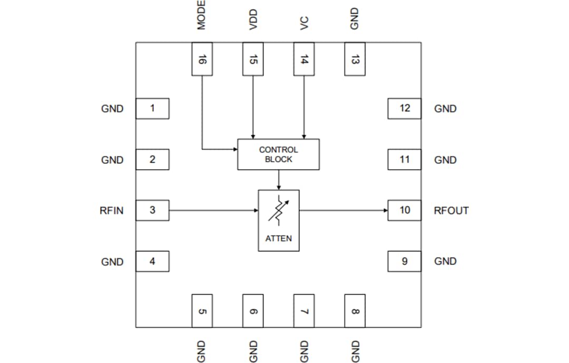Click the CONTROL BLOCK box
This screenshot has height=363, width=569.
click(278, 154)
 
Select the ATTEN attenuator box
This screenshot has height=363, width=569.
click(278, 220)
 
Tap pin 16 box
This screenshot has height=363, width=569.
click(202, 58)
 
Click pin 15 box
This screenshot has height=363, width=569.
click(253, 58)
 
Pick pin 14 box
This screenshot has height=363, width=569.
click(303, 58)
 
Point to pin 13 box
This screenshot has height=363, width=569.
click(355, 58)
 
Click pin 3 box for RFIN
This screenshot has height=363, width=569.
click(152, 210)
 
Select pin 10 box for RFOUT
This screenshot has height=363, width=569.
click(405, 210)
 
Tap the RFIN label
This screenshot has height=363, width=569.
click(112, 211)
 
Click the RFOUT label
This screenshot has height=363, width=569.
click(451, 211)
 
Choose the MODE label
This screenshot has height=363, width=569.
click(201, 15)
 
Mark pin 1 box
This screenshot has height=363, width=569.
click(152, 109)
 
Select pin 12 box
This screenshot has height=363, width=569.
click(405, 109)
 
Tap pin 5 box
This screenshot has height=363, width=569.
click(202, 311)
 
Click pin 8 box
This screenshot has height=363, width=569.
click(355, 311)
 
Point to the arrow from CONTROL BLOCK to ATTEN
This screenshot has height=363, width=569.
click(278, 180)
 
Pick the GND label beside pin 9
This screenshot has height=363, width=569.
click(445, 261)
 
